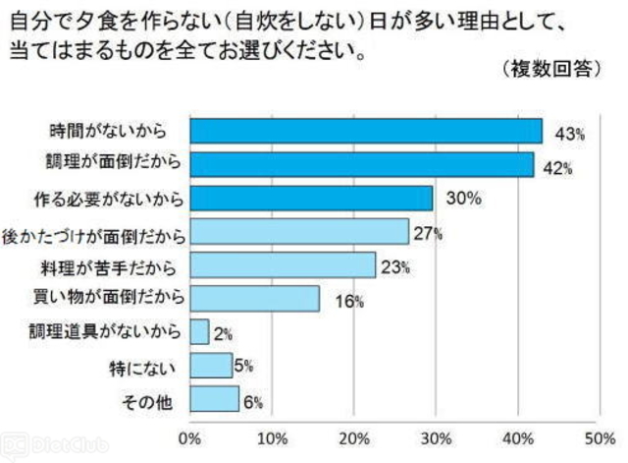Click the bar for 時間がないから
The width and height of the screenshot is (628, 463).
click(x=365, y=131)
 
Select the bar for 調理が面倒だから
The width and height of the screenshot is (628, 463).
click(x=361, y=164)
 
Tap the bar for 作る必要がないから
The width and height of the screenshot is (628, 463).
click(x=311, y=198)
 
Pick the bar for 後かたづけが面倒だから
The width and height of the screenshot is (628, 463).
click(x=299, y=231)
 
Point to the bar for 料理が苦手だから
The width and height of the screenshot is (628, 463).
click(x=283, y=264)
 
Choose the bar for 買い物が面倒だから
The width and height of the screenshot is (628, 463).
click(x=254, y=298)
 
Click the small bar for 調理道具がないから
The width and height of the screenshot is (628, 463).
click(x=199, y=332)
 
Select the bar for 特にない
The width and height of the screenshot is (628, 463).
click(x=211, y=366)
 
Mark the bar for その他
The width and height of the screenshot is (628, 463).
click(x=214, y=399)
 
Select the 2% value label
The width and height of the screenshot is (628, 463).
click(x=223, y=334)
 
